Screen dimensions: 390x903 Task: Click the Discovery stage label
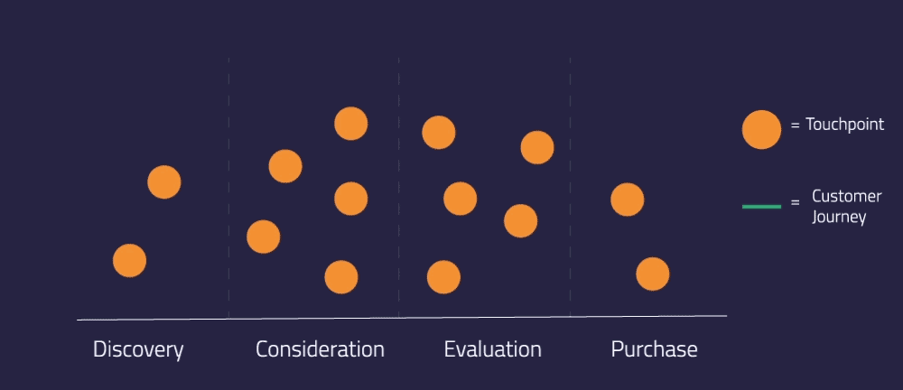tap(138, 349)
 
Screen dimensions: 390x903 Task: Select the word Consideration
tap(320, 349)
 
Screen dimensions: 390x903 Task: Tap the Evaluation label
tap(492, 349)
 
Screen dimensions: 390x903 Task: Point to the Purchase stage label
tap(654, 349)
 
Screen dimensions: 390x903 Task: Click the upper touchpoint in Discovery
tap(164, 182)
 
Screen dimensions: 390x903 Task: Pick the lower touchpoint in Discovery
tap(129, 261)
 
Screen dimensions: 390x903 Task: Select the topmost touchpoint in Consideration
tap(350, 124)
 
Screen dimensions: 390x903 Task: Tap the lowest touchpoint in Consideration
tap(341, 277)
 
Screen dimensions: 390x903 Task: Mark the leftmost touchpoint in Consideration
tap(264, 237)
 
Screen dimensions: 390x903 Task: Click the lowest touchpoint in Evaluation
tap(443, 277)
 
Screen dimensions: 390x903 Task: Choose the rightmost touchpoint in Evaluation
tap(537, 147)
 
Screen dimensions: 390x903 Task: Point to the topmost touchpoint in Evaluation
tap(439, 133)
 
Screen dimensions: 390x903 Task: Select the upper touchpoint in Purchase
tap(627, 200)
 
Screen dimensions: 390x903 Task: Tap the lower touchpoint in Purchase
tap(652, 274)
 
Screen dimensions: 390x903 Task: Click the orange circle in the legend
tap(761, 129)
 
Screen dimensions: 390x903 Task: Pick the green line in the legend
tap(761, 207)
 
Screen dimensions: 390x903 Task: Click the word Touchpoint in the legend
tap(844, 125)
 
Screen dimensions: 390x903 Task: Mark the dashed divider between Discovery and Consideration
tap(228, 181)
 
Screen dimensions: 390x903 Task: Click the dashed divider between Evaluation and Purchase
tap(570, 181)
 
